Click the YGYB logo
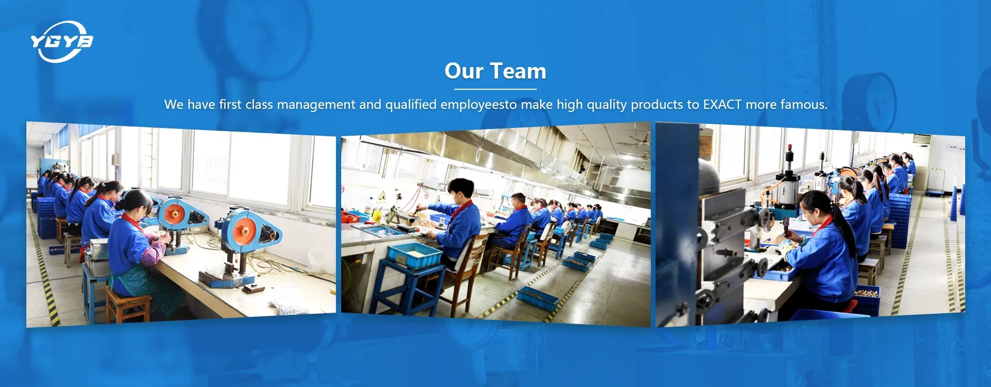click(62, 41)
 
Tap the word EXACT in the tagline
click(722, 104)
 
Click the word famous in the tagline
click(803, 104)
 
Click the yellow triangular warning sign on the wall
click(382, 197)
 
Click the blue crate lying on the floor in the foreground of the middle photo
click(538, 298)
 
